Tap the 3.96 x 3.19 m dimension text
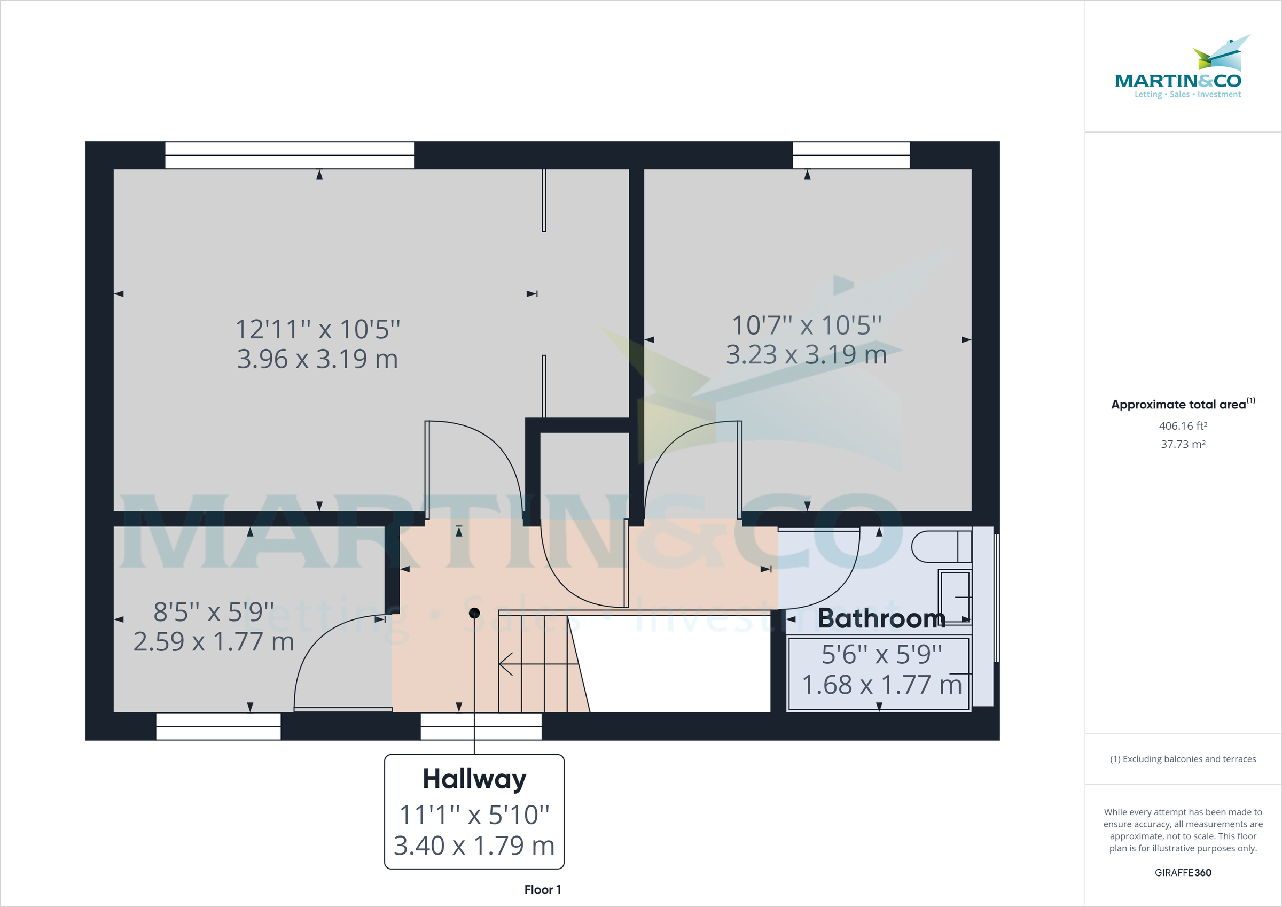tap(317, 359)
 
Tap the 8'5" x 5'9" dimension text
tap(214, 612)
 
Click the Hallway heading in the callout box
tap(474, 779)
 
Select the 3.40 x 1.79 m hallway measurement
tap(474, 846)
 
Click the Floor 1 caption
tap(542, 890)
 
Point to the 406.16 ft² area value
tap(1183, 426)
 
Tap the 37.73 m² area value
tap(1183, 444)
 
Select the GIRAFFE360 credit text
tap(1183, 872)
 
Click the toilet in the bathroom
tap(941, 547)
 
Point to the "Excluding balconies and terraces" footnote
tap(1183, 759)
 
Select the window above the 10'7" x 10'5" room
tap(851, 156)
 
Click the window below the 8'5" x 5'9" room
tap(218, 726)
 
